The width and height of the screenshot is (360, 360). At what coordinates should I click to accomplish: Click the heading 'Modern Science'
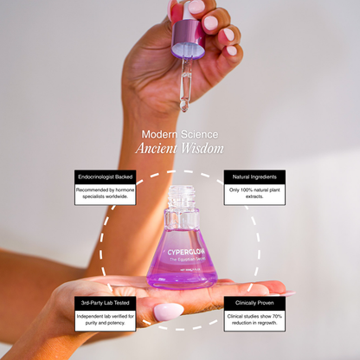pos(180,134)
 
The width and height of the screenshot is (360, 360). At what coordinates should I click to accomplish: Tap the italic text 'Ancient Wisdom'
pos(180,148)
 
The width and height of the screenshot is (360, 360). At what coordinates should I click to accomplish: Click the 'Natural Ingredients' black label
pos(254,177)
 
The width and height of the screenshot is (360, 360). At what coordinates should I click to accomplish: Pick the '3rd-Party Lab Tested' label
pos(105,303)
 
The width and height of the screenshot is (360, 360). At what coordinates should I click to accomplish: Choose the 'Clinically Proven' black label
pos(254,303)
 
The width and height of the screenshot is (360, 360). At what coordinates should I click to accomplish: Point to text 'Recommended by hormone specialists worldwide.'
pos(105,193)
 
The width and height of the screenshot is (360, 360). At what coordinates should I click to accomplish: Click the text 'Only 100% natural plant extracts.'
pos(254,193)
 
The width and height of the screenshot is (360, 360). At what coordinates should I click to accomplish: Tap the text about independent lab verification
pos(105,319)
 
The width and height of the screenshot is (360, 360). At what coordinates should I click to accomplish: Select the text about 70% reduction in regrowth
pos(254,319)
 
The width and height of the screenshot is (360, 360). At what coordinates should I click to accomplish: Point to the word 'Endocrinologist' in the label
pos(95,177)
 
